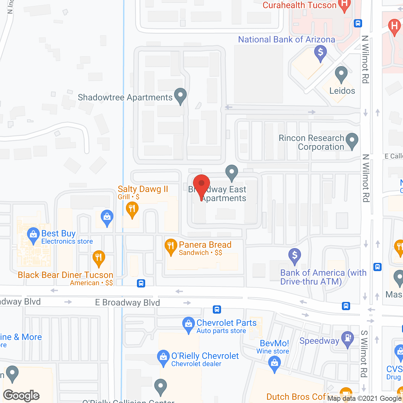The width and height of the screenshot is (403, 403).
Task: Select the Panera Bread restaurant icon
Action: pos(171,247)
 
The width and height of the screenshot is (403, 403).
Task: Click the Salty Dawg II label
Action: pos(143,189)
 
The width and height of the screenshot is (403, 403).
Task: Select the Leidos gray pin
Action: pos(341,74)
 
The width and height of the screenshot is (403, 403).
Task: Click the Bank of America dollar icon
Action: pos(295,256)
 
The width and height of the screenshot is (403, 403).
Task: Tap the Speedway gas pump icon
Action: pos(348,339)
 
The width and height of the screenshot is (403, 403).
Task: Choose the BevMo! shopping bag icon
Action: pos(275,364)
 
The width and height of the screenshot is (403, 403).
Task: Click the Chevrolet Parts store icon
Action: pos(189,324)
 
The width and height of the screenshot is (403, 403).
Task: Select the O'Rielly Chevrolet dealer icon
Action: pos(163,357)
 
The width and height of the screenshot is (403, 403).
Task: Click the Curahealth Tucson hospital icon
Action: pos(344,5)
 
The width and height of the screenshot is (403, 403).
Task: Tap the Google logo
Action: pos(21,395)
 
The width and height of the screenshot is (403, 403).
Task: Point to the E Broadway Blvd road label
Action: pos(128,303)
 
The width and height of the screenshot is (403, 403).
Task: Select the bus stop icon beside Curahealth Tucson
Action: pos(358,23)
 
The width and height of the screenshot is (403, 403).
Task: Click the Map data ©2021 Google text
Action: pos(364,399)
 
